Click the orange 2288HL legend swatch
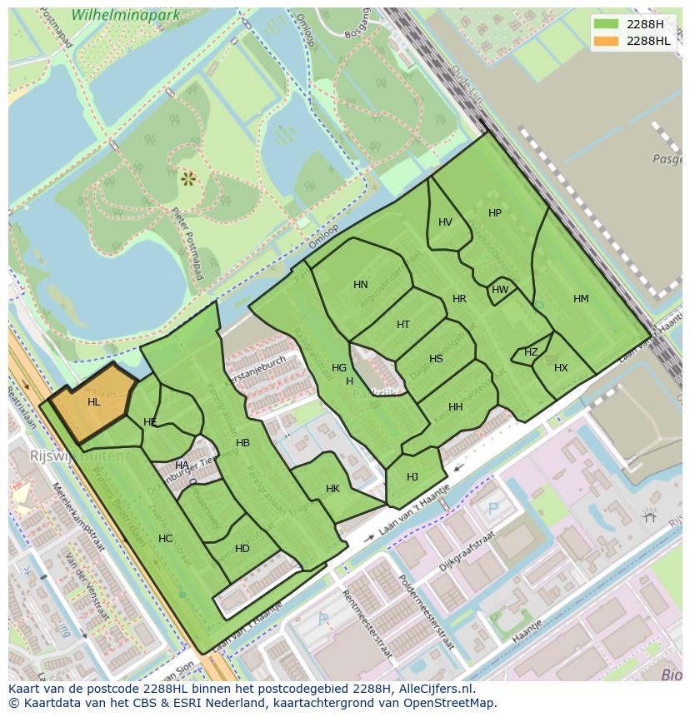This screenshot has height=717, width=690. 608,41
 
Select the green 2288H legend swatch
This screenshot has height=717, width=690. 608,24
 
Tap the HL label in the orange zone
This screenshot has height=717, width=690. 93,402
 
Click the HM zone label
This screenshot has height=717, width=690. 581,299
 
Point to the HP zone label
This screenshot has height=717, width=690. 495,213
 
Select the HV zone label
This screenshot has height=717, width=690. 445,222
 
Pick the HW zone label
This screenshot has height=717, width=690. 500,290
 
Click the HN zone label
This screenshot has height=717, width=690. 360,285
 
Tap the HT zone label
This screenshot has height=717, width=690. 403,325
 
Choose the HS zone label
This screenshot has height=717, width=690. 436,359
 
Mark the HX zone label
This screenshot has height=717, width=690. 561,368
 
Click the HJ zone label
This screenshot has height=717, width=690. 412,477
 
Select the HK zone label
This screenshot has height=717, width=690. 332,489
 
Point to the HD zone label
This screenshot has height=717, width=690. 242,549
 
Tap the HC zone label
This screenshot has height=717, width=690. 165,539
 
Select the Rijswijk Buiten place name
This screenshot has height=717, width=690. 77,456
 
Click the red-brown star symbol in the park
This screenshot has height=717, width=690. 187,177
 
